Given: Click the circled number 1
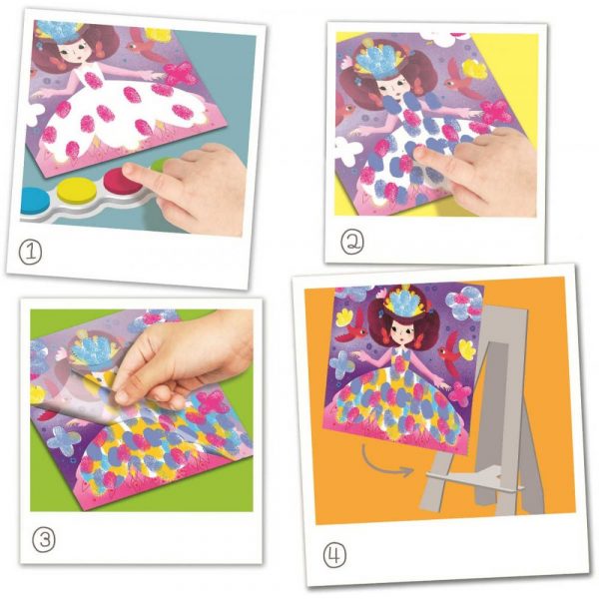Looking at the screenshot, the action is (30, 253).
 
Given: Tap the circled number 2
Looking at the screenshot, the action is (351, 242).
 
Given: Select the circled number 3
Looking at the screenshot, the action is (44, 540).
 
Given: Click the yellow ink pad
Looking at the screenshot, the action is (77, 190).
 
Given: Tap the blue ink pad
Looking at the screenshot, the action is (34, 200).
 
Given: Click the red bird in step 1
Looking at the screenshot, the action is (144, 48).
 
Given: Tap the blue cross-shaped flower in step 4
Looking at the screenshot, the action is (342, 364).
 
